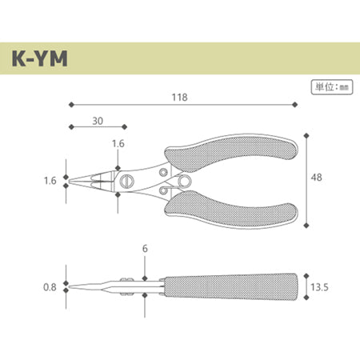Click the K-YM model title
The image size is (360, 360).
[39, 58]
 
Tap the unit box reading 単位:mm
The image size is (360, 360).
[332, 87]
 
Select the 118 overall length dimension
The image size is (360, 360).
[179, 98]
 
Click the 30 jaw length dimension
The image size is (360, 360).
[98, 121]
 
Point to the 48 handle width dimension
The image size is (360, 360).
[316, 178]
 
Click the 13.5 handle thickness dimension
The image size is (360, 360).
[319, 287]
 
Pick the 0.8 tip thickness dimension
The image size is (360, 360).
[50, 287]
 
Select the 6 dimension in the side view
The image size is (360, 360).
[145, 249]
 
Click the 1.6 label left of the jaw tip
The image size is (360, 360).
[50, 181]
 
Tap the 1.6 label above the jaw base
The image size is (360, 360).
[118, 144]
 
